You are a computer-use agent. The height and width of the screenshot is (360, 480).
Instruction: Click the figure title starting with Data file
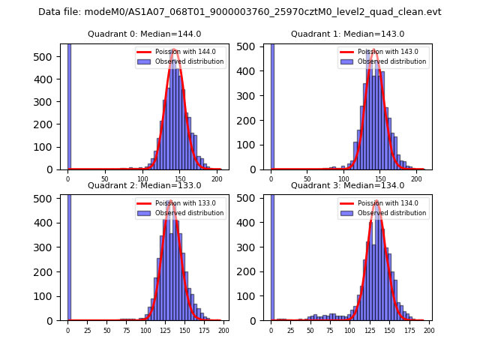pyautogui.click(x=240, y=12)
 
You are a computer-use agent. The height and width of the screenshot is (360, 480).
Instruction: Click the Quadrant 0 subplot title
pyautogui.click(x=145, y=34)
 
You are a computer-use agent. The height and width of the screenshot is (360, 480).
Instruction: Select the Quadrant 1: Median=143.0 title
pyautogui.click(x=348, y=34)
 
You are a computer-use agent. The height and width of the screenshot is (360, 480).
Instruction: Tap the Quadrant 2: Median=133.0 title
pyautogui.click(x=145, y=185)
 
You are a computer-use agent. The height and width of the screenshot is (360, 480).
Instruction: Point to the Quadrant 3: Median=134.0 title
pyautogui.click(x=348, y=185)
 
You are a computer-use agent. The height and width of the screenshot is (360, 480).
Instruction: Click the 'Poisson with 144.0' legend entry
pyautogui.click(x=184, y=52)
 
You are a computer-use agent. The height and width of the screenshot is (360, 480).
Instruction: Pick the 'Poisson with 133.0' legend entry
pyautogui.click(x=184, y=203)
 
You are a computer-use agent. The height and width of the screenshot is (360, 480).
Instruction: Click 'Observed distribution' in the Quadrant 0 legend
pyautogui.click(x=189, y=61)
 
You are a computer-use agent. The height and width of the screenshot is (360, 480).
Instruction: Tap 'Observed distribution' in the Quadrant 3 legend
pyautogui.click(x=392, y=213)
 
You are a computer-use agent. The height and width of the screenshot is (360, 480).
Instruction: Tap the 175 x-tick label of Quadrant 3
pyautogui.click(x=409, y=331)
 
